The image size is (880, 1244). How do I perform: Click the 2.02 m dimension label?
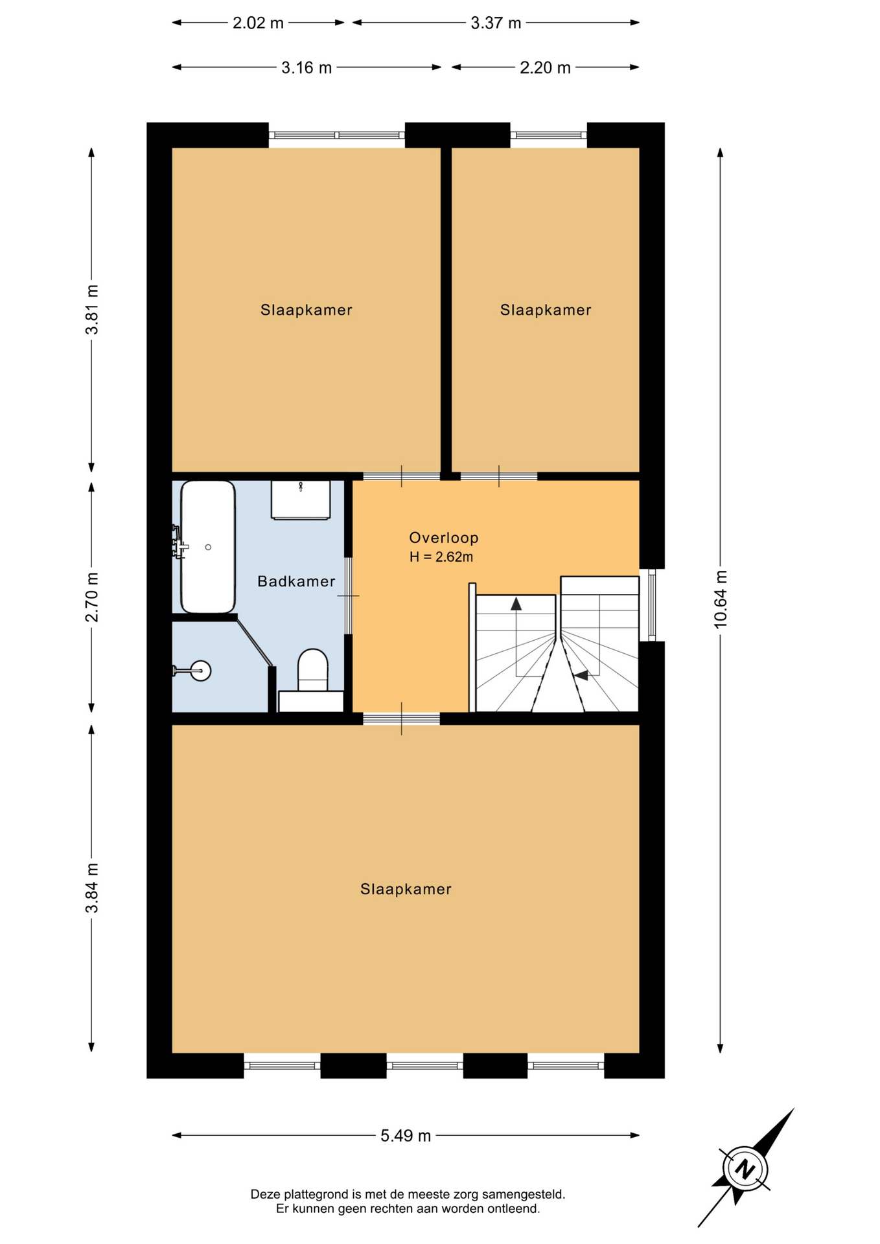[x=258, y=23]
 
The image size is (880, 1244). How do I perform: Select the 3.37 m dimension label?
[x=496, y=23]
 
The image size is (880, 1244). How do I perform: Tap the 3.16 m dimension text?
[x=307, y=68]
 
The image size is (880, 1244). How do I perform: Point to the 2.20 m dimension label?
[x=545, y=68]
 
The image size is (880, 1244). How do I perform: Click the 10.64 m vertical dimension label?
[x=721, y=599]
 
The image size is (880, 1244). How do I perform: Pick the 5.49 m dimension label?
[x=406, y=1136]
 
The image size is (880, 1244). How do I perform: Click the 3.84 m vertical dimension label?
[x=92, y=888]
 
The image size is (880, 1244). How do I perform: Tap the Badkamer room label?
[x=296, y=582]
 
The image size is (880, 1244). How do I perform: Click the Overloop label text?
[x=444, y=538]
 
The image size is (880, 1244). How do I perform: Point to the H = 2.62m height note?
[x=441, y=557]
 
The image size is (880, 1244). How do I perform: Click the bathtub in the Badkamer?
[x=207, y=547]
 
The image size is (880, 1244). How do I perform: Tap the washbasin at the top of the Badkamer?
[x=301, y=500]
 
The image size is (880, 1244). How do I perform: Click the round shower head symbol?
[x=201, y=671]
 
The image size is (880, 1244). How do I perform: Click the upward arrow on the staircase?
[x=516, y=604]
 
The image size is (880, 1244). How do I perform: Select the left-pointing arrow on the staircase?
[x=581, y=676]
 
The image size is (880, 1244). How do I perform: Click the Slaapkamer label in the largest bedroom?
[x=406, y=890]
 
